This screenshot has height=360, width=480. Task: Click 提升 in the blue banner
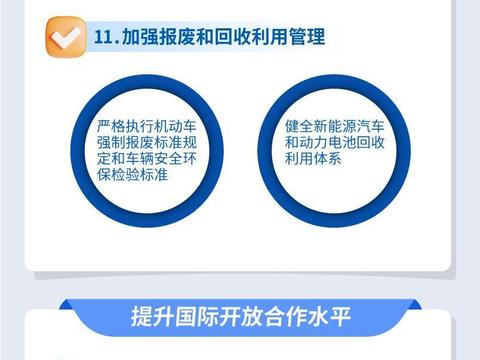coord(148,318)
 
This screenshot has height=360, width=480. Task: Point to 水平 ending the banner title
coord(324,318)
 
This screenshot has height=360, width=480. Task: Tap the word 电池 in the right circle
coord(335,142)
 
